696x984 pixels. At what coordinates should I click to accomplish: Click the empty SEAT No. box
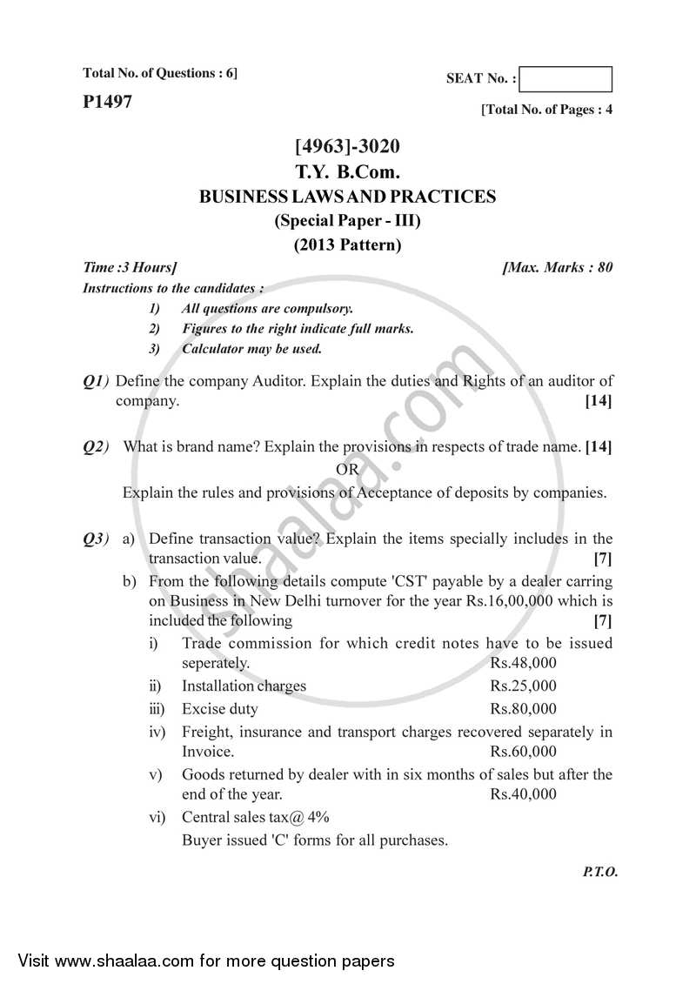tap(570, 79)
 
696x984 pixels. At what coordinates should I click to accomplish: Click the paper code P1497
tap(108, 103)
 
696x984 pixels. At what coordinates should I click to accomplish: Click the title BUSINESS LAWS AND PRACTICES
tap(348, 197)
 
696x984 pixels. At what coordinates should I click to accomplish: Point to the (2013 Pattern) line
tap(348, 244)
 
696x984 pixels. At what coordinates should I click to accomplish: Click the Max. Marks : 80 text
tap(557, 267)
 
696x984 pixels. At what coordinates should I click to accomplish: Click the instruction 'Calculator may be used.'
tap(251, 349)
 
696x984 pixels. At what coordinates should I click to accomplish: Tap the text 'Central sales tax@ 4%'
tap(255, 818)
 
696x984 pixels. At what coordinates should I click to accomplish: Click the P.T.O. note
tap(599, 872)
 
